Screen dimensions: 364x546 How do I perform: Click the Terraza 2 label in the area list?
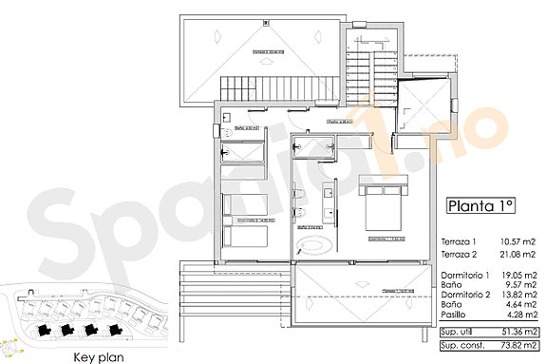click(x=460, y=256)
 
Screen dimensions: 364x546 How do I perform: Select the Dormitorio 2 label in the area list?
click(x=464, y=297)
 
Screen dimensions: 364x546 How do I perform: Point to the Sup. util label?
click(x=459, y=332)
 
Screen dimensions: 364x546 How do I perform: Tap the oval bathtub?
click(x=314, y=244)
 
